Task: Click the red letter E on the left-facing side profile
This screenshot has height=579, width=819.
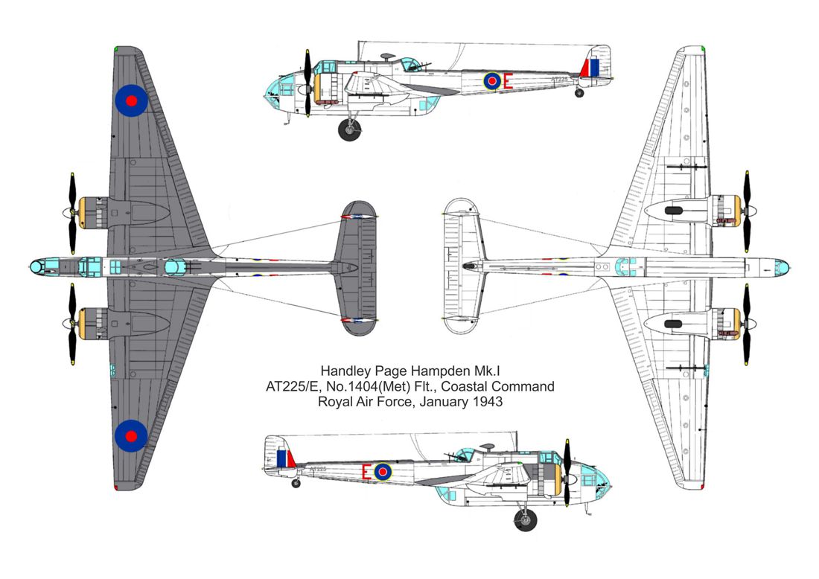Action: coord(507,81)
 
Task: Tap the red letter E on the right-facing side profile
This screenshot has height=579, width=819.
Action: coord(366,472)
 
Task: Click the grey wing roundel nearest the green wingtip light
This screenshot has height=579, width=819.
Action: coord(131,100)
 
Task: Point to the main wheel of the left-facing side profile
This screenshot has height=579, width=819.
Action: coord(349,129)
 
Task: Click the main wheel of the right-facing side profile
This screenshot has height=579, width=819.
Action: coord(525,519)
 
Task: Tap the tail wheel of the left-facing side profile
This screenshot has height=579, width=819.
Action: coord(579,93)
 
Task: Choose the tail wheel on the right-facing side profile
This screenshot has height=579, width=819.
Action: coord(296,484)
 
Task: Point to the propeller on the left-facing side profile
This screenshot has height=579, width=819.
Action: coord(307,83)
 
